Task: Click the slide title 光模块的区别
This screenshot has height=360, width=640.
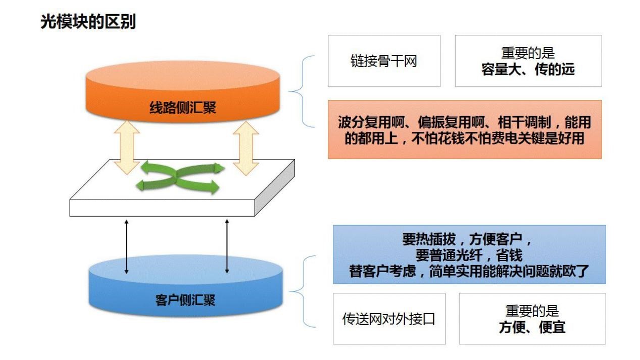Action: click(x=88, y=22)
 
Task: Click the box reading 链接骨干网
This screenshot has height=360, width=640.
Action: click(x=384, y=61)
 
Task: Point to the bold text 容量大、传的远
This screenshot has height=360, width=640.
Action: click(x=528, y=70)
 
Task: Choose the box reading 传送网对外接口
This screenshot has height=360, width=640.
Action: click(x=388, y=319)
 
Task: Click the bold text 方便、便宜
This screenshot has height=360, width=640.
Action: click(x=532, y=327)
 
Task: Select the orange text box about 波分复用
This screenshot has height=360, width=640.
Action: click(x=464, y=130)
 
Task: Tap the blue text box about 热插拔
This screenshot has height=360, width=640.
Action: click(x=469, y=254)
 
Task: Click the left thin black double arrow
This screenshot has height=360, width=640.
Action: click(x=126, y=246)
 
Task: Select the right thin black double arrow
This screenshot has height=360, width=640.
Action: click(x=227, y=246)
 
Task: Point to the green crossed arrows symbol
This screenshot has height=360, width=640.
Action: click(x=180, y=177)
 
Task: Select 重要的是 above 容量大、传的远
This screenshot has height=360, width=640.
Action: click(x=528, y=53)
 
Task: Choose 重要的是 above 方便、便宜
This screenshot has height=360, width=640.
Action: click(x=532, y=311)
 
